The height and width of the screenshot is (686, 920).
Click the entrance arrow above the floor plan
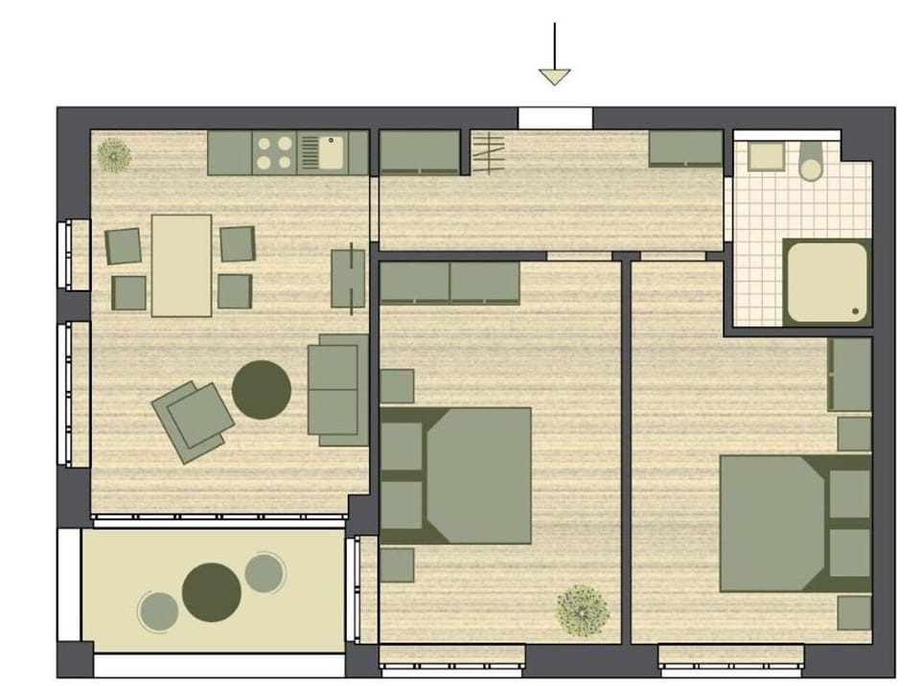[x=554, y=57]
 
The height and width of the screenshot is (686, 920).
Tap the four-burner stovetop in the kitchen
[x=275, y=153]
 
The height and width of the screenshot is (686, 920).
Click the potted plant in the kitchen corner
[x=115, y=154]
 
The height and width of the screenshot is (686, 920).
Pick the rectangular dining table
[x=181, y=265]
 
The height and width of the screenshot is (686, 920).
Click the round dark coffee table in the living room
[x=262, y=389]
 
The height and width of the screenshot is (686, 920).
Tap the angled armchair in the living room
[x=194, y=420]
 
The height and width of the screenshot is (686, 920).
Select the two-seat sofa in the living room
[x=336, y=389]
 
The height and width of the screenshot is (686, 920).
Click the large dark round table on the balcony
[x=212, y=592]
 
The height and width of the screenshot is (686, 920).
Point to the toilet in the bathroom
[x=811, y=163]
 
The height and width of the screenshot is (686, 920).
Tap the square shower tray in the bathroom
[x=825, y=280]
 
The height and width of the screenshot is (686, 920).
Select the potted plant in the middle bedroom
[x=583, y=608]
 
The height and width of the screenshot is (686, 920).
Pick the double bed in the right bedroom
[x=793, y=523]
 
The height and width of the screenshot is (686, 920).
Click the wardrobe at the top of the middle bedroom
[x=449, y=284]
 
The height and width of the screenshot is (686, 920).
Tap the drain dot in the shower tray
[x=856, y=310]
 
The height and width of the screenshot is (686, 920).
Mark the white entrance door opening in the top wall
[x=555, y=118]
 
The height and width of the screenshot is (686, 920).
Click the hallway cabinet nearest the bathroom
[x=685, y=149]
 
